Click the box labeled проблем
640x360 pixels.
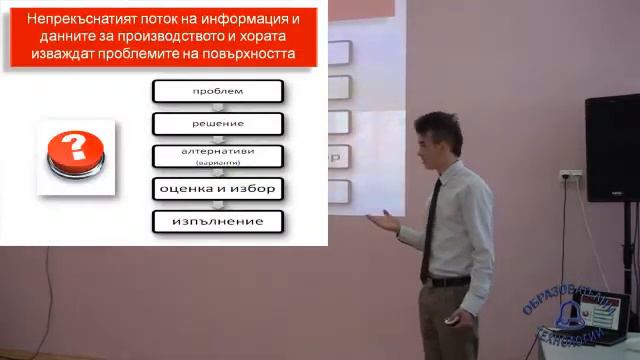217,92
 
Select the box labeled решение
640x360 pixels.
217,124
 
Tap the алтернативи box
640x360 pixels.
217,156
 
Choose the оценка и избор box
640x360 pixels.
217,188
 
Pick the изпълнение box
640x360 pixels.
217,220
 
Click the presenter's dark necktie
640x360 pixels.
430,225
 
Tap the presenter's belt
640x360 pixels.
450,282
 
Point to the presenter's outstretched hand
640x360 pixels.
381,219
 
